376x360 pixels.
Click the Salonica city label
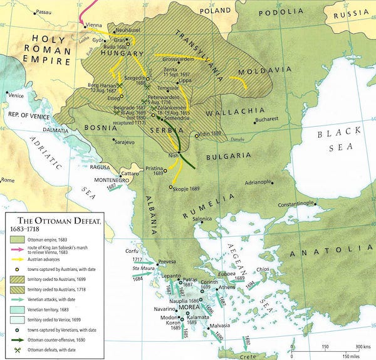click(x=202, y=219)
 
